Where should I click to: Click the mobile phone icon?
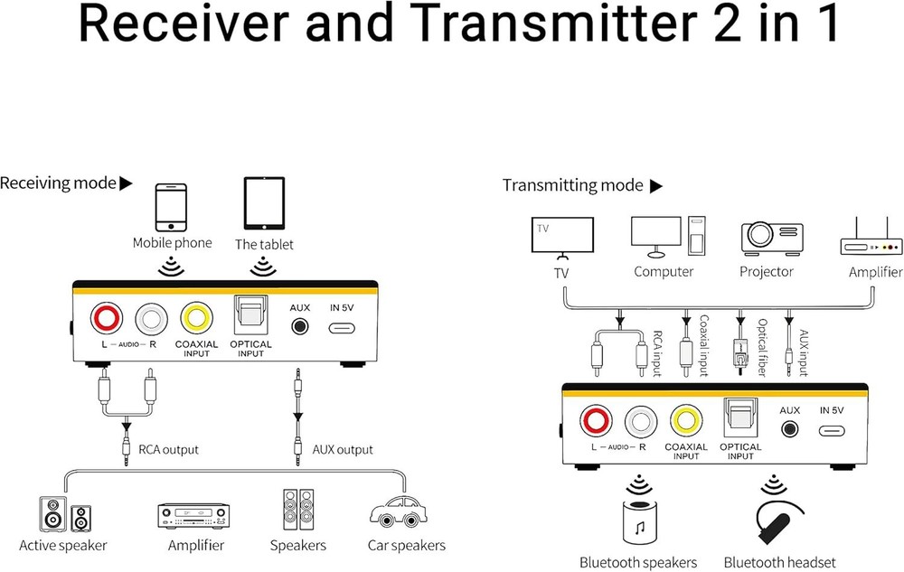coord(171,207)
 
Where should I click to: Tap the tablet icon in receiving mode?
coord(264,203)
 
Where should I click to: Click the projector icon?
coord(772,239)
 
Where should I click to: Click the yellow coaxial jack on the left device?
coord(196,317)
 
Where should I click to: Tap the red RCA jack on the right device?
coord(596,420)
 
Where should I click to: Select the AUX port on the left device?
coord(299,326)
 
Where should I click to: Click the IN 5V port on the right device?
coord(832,431)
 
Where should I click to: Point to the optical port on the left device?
coord(250,314)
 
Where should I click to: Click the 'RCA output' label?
coord(168,449)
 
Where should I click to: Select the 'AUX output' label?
coord(343,449)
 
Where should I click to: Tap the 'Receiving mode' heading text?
coord(58,183)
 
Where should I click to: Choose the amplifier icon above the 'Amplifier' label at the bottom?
coord(193,516)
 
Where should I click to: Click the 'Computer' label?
coord(664,271)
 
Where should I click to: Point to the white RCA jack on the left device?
coord(152,319)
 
